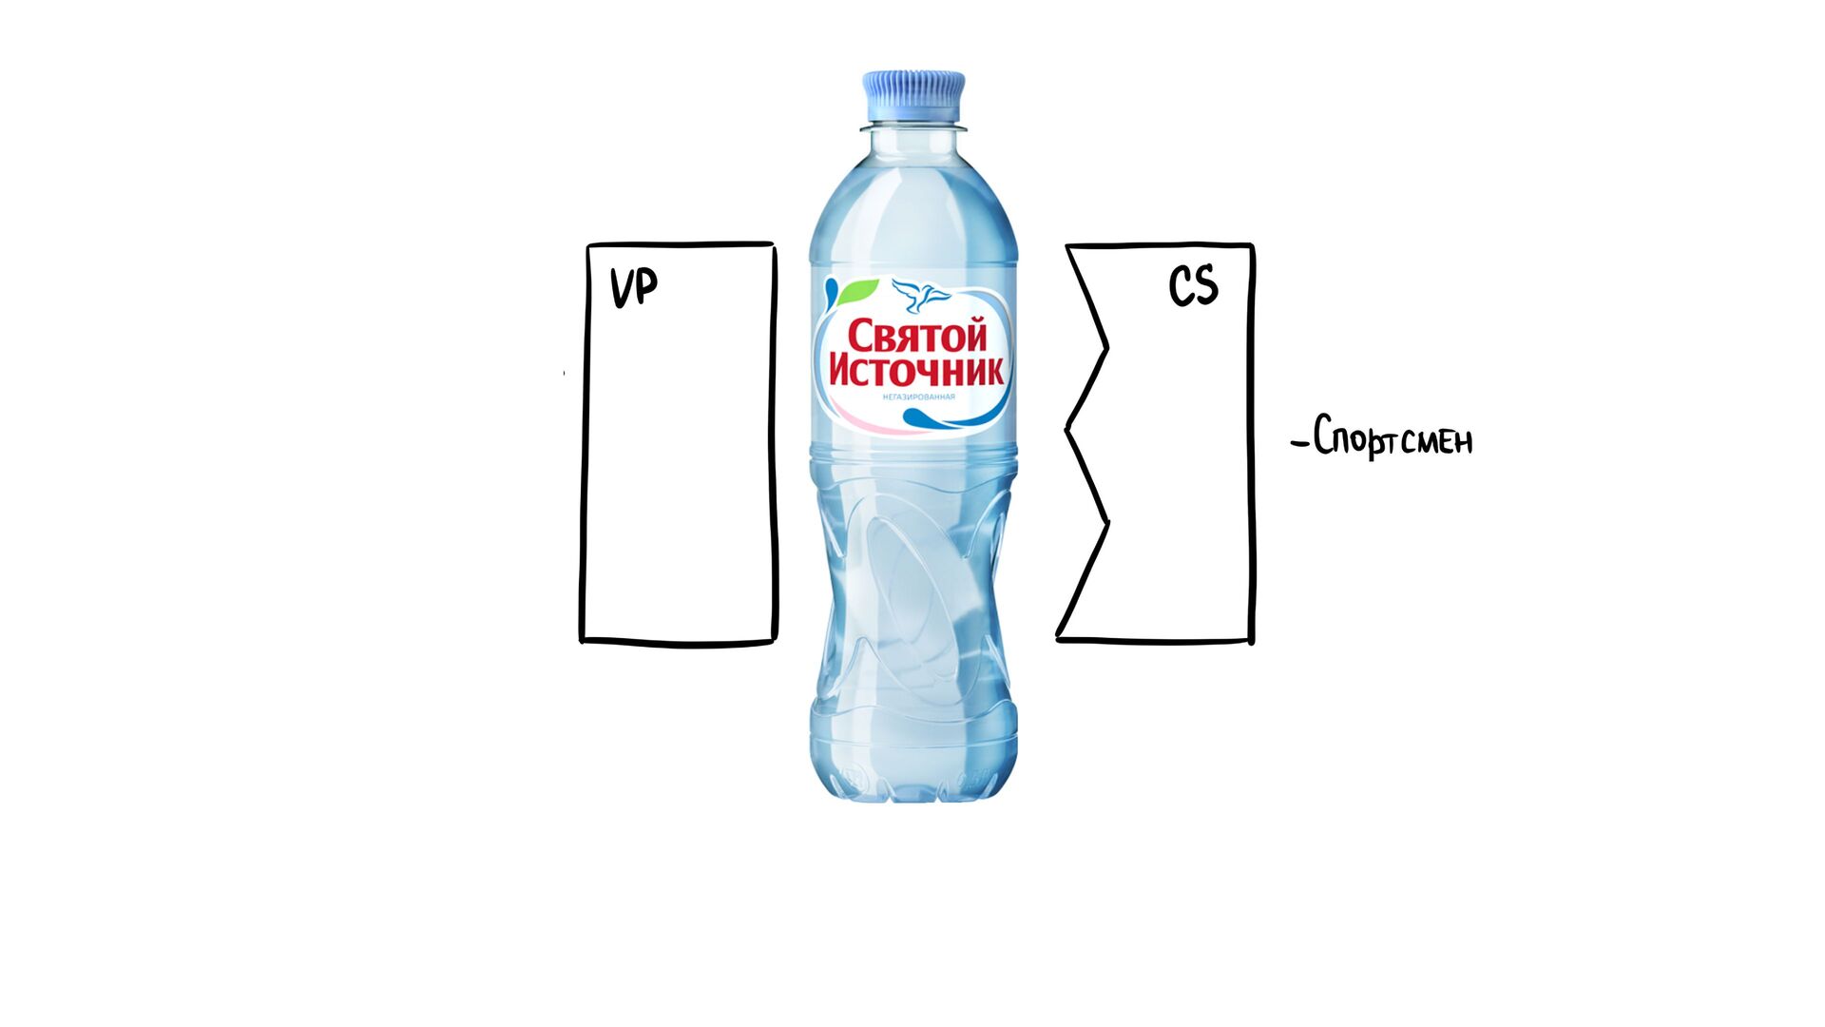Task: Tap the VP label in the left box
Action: point(633,286)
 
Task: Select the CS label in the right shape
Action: point(1193,285)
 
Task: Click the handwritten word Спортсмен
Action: point(1393,438)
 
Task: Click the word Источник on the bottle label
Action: point(916,370)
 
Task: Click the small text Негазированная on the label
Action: point(918,397)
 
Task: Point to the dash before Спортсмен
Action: point(1299,442)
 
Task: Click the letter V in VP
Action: point(621,287)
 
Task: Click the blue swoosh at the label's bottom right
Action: point(936,417)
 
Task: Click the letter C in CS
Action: point(1181,285)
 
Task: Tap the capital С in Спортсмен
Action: point(1324,436)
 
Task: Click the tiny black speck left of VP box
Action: point(564,373)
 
